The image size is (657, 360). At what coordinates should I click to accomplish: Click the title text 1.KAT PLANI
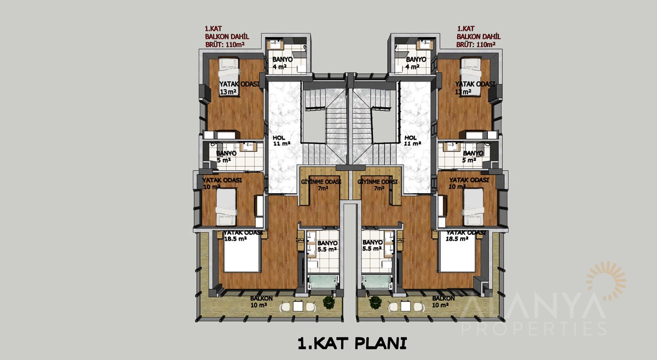pyautogui.click(x=352, y=343)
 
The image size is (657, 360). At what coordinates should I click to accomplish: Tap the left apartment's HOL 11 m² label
pyautogui.click(x=281, y=141)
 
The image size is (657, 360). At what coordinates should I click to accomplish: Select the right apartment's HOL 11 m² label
pyautogui.click(x=412, y=141)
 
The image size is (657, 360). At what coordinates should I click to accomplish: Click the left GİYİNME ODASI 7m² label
pyautogui.click(x=321, y=185)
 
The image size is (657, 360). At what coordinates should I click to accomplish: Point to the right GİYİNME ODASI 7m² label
pyautogui.click(x=377, y=185)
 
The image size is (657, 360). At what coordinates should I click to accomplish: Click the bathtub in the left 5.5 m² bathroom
pyautogui.click(x=323, y=282)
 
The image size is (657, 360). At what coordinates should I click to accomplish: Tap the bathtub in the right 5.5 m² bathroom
pyautogui.click(x=377, y=282)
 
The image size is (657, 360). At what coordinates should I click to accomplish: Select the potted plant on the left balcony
pyautogui.click(x=329, y=302)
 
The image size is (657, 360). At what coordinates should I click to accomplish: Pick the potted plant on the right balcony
pyautogui.click(x=375, y=302)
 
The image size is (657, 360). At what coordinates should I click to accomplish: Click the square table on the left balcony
pyautogui.click(x=298, y=306)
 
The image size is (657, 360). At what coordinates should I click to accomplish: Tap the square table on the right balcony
pyautogui.click(x=406, y=306)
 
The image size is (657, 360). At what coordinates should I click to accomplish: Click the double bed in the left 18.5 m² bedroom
pyautogui.click(x=242, y=252)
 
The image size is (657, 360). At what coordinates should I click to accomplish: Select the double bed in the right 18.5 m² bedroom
pyautogui.click(x=458, y=252)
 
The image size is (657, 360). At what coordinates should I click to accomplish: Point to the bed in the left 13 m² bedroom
pyautogui.click(x=229, y=77)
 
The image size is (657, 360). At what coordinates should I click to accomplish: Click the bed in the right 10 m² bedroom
pyautogui.click(x=474, y=207)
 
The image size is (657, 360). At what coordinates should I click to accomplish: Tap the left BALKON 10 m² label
pyautogui.click(x=261, y=301)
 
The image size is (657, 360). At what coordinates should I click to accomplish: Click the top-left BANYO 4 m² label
pyautogui.click(x=282, y=63)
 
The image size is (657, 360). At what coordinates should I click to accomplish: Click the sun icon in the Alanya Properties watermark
pyautogui.click(x=606, y=281)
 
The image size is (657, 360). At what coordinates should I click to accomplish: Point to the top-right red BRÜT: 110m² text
pyautogui.click(x=476, y=44)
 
